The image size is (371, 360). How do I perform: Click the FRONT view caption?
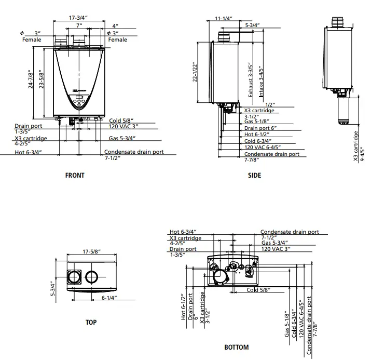(75, 176)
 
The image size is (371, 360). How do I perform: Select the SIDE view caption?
(255, 176)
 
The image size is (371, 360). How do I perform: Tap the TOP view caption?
(91, 323)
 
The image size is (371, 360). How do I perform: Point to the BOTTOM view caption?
(237, 348)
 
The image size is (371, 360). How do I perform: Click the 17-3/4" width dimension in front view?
(78, 18)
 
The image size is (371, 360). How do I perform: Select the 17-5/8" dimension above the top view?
(91, 252)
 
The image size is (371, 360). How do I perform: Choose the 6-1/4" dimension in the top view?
(108, 298)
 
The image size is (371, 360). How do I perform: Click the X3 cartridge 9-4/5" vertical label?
(359, 146)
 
